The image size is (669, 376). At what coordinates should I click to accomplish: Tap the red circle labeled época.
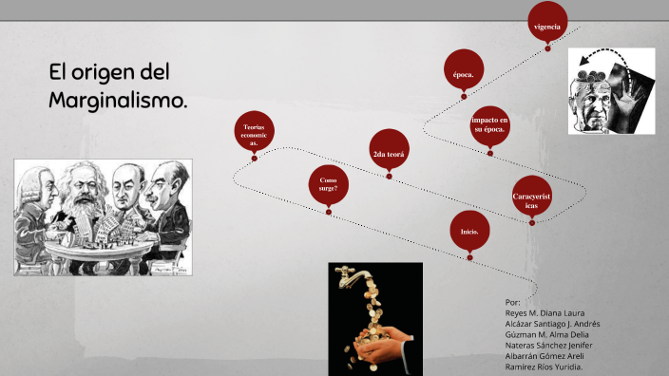463,71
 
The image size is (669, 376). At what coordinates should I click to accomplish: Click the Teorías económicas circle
254,135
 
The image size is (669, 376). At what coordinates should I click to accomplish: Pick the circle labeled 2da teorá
389,152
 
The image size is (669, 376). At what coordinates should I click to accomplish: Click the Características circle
531,198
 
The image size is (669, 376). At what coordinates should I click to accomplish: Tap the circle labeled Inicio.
469,232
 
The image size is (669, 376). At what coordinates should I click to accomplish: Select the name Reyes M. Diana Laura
545,312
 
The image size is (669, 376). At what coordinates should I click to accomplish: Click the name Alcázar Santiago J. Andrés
552,323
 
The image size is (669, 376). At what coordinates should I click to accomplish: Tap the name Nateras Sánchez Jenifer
547,345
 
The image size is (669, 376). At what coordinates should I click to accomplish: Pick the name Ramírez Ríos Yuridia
545,367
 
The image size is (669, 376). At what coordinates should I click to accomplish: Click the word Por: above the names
514,301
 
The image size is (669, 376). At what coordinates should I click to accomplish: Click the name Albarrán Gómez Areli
545,356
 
